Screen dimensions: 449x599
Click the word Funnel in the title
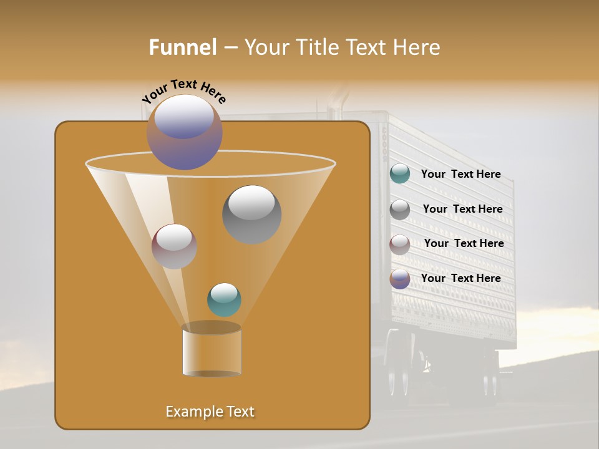[183, 47]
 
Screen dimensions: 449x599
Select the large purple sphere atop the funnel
[185, 132]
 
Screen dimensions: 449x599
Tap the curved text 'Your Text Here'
[184, 91]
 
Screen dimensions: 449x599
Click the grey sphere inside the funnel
[251, 215]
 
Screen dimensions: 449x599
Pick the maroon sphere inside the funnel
[174, 246]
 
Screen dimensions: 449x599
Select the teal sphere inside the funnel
[224, 299]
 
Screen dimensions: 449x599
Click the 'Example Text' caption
[210, 412]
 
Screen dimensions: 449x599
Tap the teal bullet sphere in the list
[400, 174]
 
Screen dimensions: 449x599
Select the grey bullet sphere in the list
[400, 210]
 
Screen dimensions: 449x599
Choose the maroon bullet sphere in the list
[400, 244]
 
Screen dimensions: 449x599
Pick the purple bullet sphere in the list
[400, 279]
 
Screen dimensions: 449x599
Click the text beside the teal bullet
[460, 175]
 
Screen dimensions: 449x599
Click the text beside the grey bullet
[462, 210]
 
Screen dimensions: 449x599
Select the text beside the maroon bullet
[464, 244]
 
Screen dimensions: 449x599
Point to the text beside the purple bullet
[460, 278]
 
